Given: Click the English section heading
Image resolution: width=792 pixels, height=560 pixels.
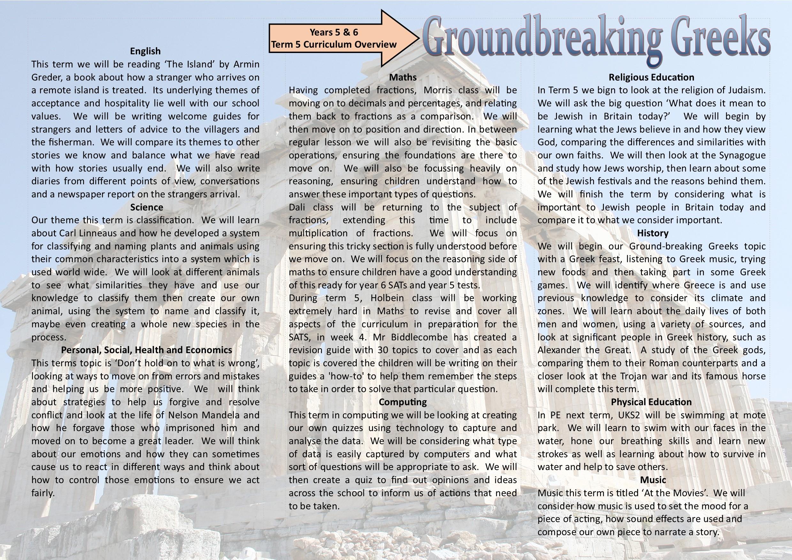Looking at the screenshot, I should click(145, 51).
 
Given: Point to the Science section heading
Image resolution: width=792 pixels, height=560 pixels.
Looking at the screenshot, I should click(147, 207).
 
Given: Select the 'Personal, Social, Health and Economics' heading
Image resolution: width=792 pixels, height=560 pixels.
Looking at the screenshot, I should click(147, 350).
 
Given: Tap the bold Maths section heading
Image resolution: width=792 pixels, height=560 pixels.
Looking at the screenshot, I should click(403, 77).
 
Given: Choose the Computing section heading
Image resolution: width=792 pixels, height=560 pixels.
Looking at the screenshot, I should click(403, 402).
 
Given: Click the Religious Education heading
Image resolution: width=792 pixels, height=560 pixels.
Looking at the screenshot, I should click(651, 77).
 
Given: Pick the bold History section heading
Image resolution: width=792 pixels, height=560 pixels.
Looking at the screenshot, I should click(653, 233).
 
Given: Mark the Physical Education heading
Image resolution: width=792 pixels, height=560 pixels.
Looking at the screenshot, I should click(651, 402).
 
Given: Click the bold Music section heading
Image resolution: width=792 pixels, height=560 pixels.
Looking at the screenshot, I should click(653, 480).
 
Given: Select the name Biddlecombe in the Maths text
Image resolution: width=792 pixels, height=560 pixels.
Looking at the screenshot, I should click(418, 337).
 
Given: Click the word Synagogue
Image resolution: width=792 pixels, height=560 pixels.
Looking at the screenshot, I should click(742, 155).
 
